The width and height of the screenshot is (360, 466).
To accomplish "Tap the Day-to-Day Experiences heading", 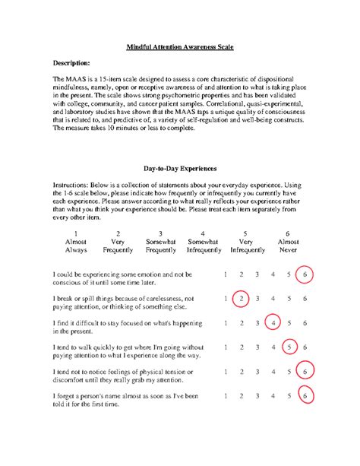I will tap(180, 166).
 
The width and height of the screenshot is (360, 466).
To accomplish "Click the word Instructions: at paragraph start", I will tap(74, 185).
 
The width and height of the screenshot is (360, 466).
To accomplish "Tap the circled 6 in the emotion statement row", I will tap(305, 274).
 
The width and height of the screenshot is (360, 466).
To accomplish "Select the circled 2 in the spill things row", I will tap(242, 299).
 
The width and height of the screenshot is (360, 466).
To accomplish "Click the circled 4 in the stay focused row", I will tap(273, 323).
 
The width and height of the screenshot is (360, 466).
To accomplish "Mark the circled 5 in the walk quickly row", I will tap(289, 347).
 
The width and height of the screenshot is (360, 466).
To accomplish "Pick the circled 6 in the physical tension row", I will tap(305, 372).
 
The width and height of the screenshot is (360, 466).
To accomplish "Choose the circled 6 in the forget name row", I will tap(305, 396).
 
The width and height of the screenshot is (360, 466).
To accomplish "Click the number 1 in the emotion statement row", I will tap(226, 274).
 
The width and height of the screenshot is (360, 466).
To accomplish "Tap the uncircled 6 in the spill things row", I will tap(305, 299).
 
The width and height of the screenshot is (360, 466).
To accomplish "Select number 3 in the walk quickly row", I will tap(257, 347).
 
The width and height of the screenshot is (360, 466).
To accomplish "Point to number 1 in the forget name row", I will tap(226, 396).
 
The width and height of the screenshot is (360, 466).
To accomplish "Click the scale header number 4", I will tap(203, 234).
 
